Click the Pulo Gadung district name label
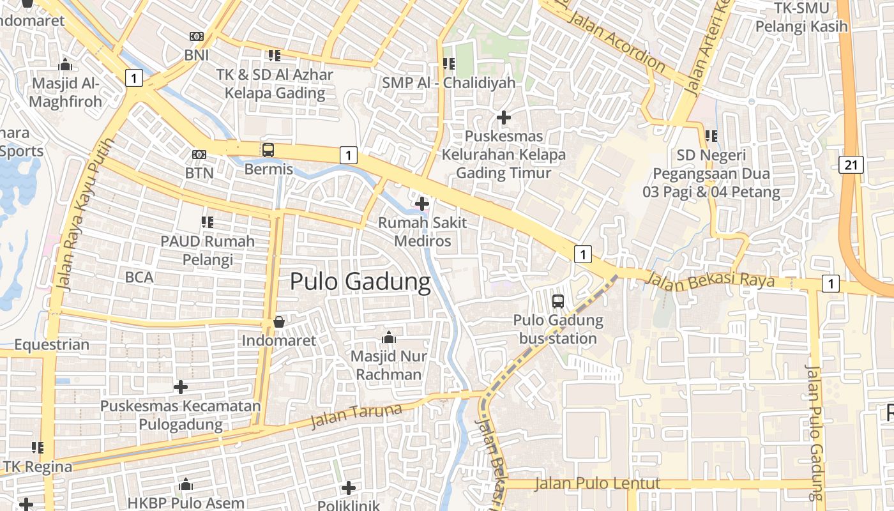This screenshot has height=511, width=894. (x=361, y=282)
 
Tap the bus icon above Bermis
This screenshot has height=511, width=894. (x=268, y=150)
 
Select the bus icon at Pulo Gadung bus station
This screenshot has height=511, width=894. (x=558, y=301)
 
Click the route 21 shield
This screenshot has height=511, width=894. (x=851, y=165)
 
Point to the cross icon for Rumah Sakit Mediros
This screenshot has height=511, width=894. (x=421, y=204)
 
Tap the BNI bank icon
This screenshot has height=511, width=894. (x=197, y=37)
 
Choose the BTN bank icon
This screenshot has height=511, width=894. (x=199, y=155)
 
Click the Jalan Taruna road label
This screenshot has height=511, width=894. (x=356, y=416)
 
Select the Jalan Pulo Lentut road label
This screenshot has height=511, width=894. (x=597, y=484)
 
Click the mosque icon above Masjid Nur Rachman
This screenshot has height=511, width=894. (x=388, y=337)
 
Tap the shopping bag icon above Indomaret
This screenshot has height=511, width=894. (x=279, y=322)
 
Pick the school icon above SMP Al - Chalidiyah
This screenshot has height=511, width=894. (x=448, y=64)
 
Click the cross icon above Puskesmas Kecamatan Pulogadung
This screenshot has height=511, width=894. (x=181, y=387)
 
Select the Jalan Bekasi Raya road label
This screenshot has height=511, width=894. (x=709, y=280)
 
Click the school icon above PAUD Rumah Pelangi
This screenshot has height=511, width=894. (x=208, y=222)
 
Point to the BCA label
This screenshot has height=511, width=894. (x=139, y=277)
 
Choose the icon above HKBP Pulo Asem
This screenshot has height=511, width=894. (x=186, y=485)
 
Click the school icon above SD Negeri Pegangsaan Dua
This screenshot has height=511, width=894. (x=711, y=136)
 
